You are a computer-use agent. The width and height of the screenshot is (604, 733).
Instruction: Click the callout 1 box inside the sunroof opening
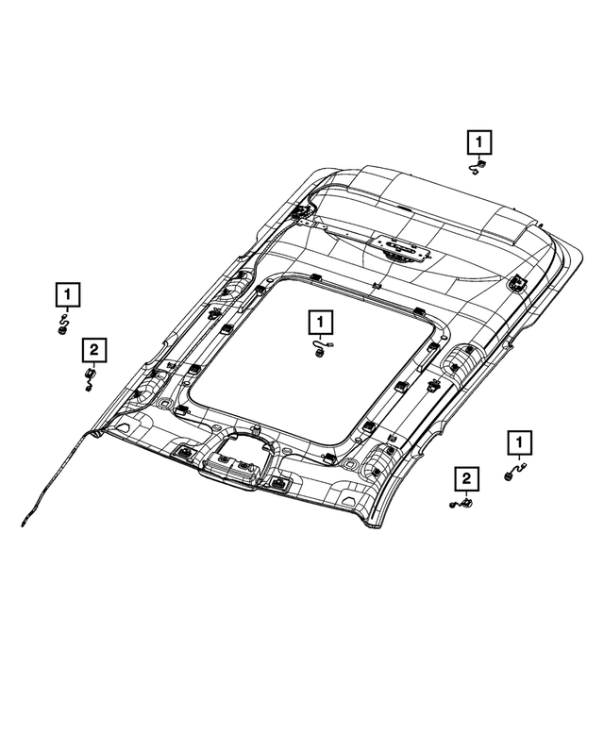320,324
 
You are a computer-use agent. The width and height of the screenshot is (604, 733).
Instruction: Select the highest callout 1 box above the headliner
479,143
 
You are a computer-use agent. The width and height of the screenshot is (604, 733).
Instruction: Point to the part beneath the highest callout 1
478,168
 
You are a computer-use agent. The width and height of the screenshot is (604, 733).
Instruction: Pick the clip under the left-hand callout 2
90,378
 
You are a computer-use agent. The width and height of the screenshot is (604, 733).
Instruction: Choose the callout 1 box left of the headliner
66,295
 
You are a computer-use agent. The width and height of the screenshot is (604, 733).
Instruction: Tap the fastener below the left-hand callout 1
62,325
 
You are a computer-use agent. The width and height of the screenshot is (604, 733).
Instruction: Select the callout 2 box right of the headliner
465,480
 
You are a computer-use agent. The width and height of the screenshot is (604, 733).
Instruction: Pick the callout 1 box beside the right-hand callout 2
518,441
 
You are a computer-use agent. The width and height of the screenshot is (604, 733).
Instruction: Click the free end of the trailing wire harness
23,522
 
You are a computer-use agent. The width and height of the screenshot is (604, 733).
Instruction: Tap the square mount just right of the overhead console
279,483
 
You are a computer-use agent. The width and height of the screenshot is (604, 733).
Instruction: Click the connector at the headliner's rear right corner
518,282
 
